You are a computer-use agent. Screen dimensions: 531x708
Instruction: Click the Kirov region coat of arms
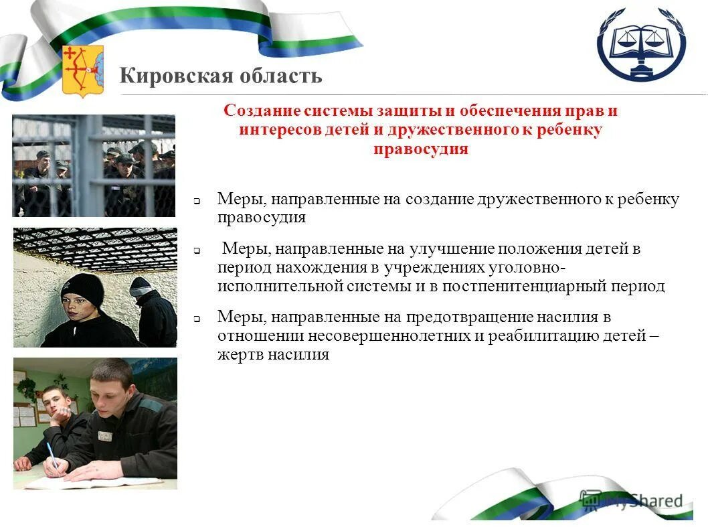pyautogui.click(x=82, y=70)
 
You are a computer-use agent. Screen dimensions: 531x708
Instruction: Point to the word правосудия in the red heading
pyautogui.click(x=420, y=148)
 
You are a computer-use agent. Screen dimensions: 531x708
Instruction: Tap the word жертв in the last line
pyautogui.click(x=240, y=354)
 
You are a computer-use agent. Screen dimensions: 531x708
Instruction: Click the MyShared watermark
pyautogui.click(x=632, y=500)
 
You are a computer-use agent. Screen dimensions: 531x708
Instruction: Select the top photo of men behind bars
pyautogui.click(x=94, y=165)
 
